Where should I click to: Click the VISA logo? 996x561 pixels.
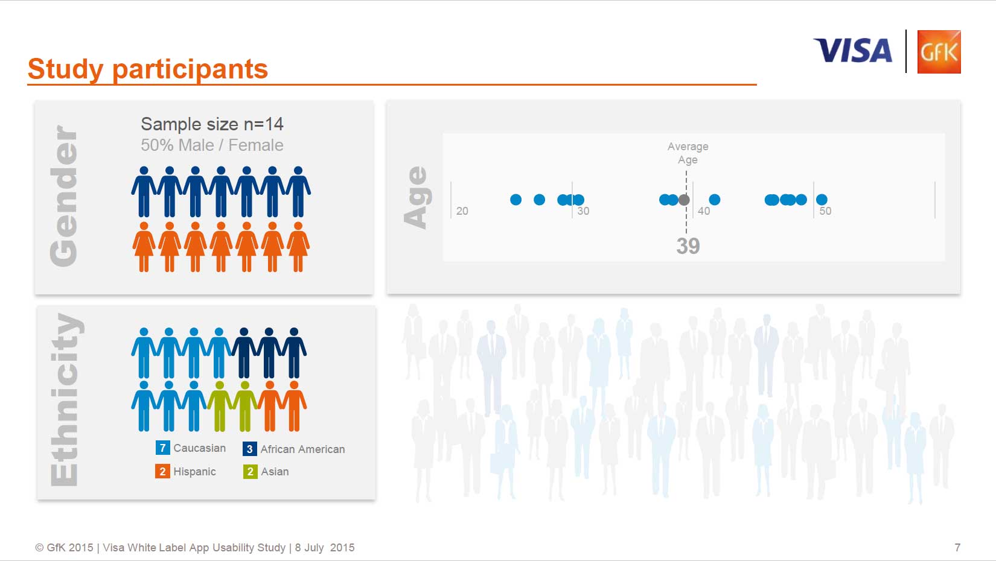click(852, 51)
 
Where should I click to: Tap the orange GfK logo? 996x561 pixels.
click(939, 52)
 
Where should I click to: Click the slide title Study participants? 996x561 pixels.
click(148, 69)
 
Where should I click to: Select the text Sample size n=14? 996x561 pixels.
click(212, 124)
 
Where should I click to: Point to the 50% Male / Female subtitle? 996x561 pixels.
click(212, 145)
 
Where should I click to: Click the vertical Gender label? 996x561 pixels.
click(64, 196)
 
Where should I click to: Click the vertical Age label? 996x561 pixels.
click(416, 198)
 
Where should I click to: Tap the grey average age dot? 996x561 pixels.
click(684, 200)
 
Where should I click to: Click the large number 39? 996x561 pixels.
click(688, 246)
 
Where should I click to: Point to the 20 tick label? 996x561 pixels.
click(462, 211)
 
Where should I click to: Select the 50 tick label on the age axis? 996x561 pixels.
click(825, 211)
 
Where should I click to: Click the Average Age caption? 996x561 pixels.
click(688, 153)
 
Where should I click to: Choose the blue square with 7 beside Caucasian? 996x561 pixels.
click(162, 448)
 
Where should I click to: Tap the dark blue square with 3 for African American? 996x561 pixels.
click(249, 449)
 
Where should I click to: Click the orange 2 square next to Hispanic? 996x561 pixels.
click(162, 472)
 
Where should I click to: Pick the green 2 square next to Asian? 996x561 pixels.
click(250, 472)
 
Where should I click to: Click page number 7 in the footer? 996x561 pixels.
click(957, 548)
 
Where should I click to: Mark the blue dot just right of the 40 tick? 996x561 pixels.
click(715, 200)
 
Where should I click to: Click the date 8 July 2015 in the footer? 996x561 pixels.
click(325, 548)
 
